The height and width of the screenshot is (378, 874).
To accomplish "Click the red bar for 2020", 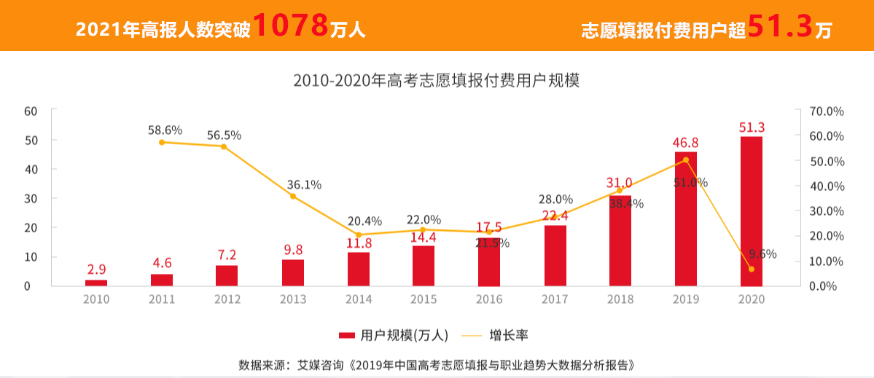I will [752, 211].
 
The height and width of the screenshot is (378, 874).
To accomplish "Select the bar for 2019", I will [686, 218].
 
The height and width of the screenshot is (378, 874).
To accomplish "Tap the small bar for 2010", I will [96, 283].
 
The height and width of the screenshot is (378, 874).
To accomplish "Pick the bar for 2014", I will [359, 269].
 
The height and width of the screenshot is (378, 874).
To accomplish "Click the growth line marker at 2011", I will [162, 142].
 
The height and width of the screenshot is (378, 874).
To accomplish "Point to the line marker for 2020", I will [752, 269].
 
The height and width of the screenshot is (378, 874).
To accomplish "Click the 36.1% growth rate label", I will [304, 184].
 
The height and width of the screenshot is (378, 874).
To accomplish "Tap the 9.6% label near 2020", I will [762, 254].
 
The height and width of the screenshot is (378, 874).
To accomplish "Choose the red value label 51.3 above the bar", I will [752, 127].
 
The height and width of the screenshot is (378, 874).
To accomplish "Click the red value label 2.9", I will [96, 269].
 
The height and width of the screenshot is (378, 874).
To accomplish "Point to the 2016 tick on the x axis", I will [489, 299].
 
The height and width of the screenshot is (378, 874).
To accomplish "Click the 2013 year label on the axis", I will [293, 299].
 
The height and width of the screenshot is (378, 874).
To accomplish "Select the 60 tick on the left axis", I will [31, 111].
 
